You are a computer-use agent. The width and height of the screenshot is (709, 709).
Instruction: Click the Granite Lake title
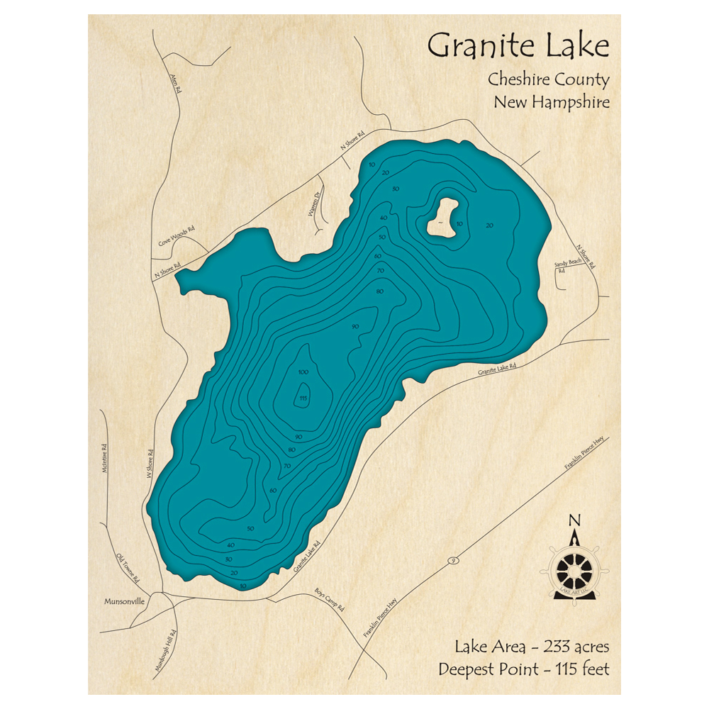[518, 47]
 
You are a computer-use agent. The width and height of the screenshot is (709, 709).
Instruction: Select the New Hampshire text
[551, 102]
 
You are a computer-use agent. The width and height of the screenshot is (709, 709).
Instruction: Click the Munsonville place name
[124, 601]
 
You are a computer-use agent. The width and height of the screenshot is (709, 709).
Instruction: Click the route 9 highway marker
[451, 562]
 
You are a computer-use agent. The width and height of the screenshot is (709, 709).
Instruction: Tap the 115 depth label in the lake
[303, 397]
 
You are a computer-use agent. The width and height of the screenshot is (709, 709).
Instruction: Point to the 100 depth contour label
[303, 372]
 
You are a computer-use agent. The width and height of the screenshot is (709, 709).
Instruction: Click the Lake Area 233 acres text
[532, 647]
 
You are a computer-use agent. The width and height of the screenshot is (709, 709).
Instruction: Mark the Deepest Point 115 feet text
[523, 669]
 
